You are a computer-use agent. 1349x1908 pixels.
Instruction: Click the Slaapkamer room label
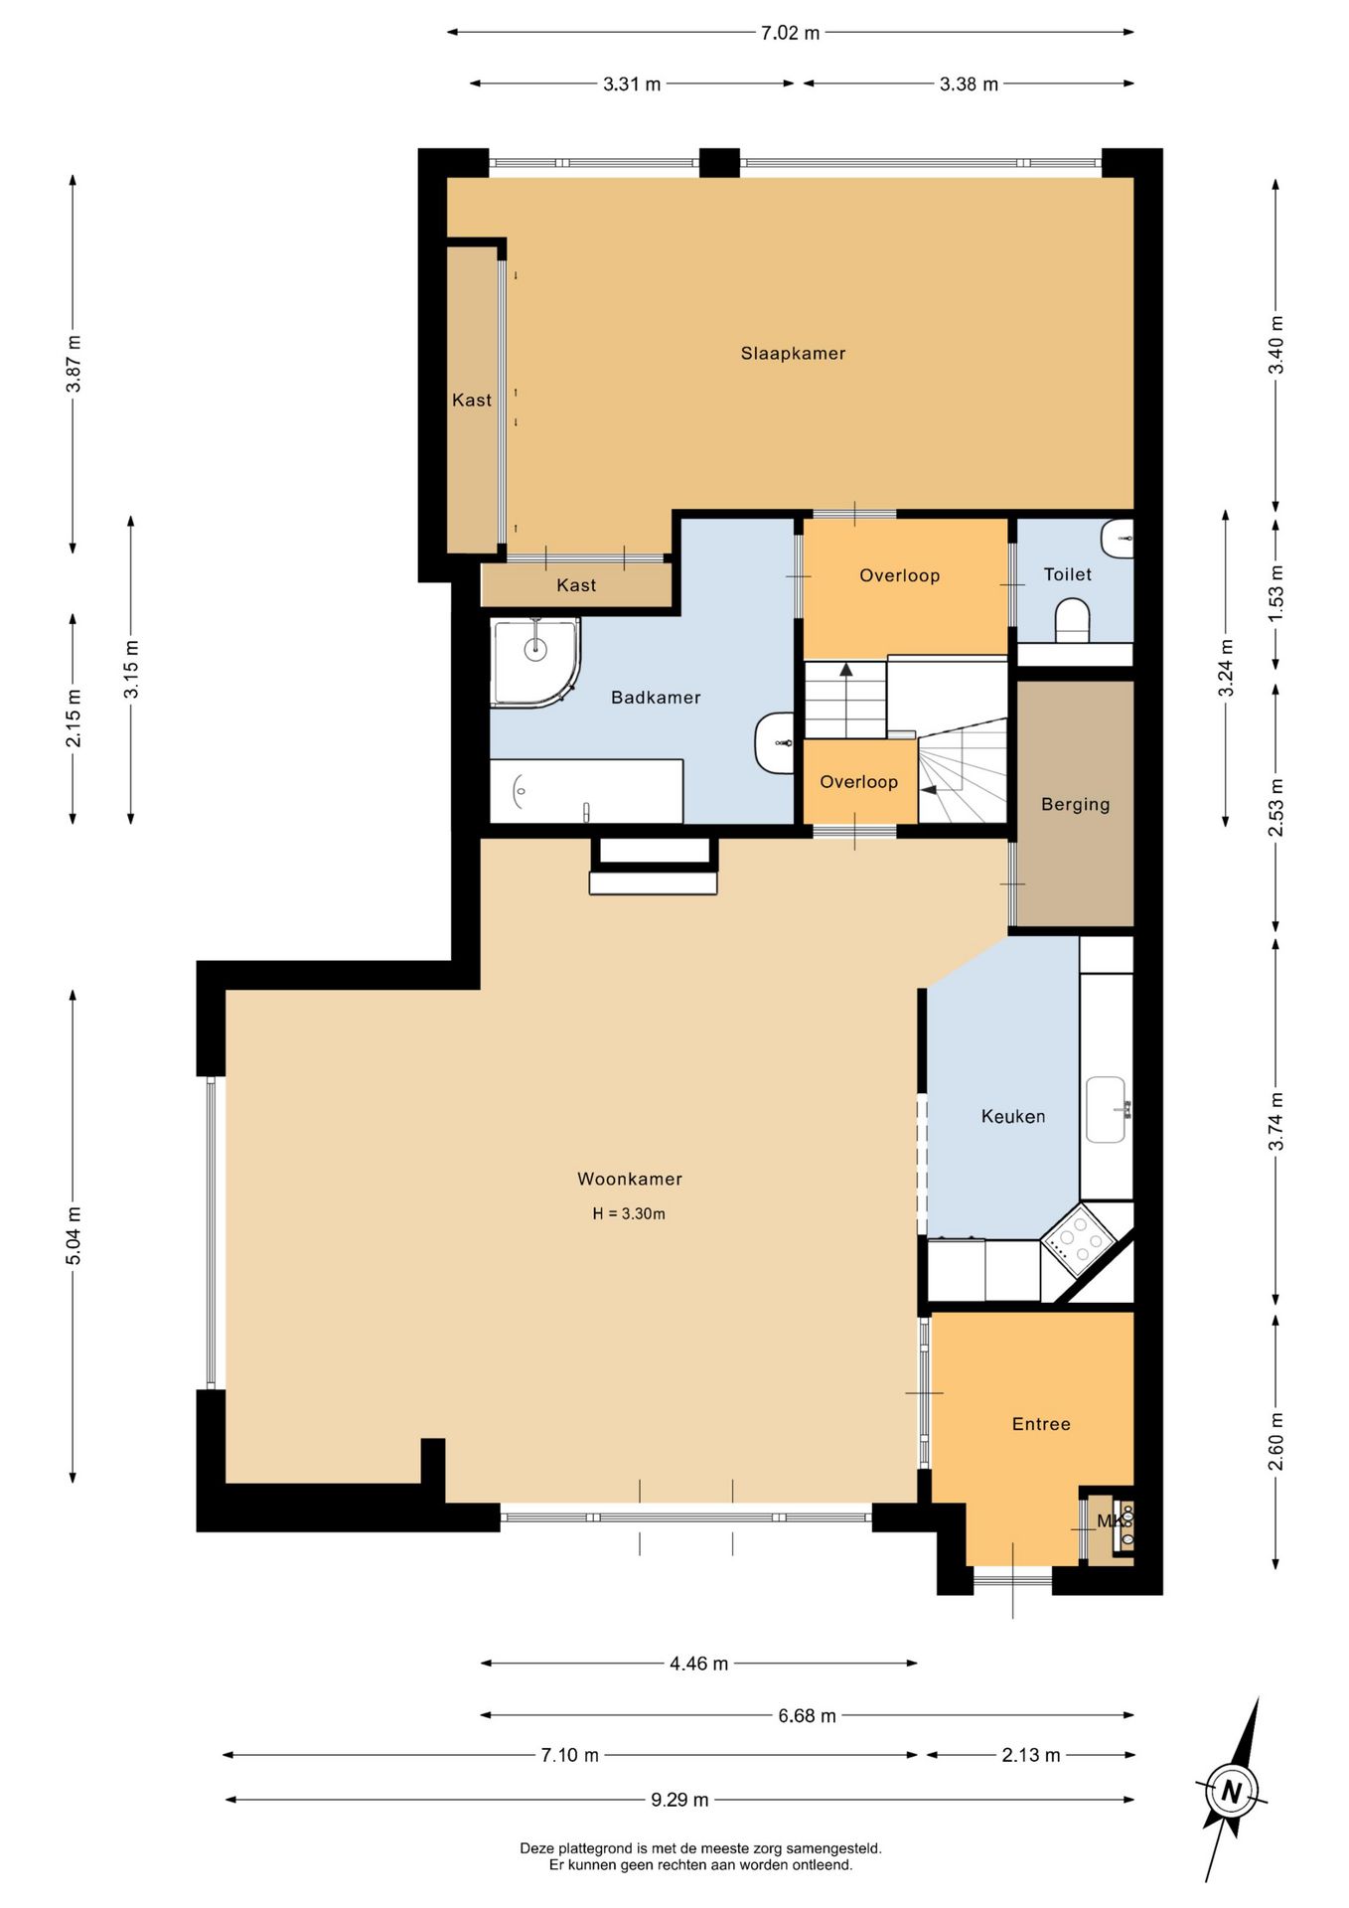(793, 353)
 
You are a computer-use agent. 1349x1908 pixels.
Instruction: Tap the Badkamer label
(656, 698)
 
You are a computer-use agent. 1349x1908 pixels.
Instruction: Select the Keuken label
(1012, 1116)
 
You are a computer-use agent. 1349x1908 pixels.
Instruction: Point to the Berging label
(1075, 804)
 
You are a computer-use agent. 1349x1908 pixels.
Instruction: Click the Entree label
(1041, 1424)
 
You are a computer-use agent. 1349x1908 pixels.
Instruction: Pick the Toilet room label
(1067, 574)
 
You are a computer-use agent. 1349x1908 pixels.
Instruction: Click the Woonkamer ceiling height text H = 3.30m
(629, 1213)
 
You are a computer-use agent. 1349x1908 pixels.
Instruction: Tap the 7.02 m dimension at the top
(790, 33)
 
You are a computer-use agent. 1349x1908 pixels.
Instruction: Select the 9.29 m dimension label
(679, 1800)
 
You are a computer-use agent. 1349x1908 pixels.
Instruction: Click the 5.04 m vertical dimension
(74, 1236)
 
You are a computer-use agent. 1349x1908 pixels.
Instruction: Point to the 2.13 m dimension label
(1030, 1755)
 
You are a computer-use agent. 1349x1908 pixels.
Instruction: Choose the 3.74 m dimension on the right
(1276, 1122)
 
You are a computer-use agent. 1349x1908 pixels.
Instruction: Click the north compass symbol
(1232, 1792)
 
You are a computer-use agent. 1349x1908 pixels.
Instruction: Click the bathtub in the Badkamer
(586, 792)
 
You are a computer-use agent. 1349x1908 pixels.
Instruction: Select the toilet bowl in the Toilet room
(1072, 620)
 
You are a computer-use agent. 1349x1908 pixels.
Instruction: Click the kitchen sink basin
(1106, 1109)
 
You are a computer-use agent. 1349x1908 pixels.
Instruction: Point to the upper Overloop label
(899, 575)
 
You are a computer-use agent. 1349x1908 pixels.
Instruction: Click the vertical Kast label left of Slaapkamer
(471, 400)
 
